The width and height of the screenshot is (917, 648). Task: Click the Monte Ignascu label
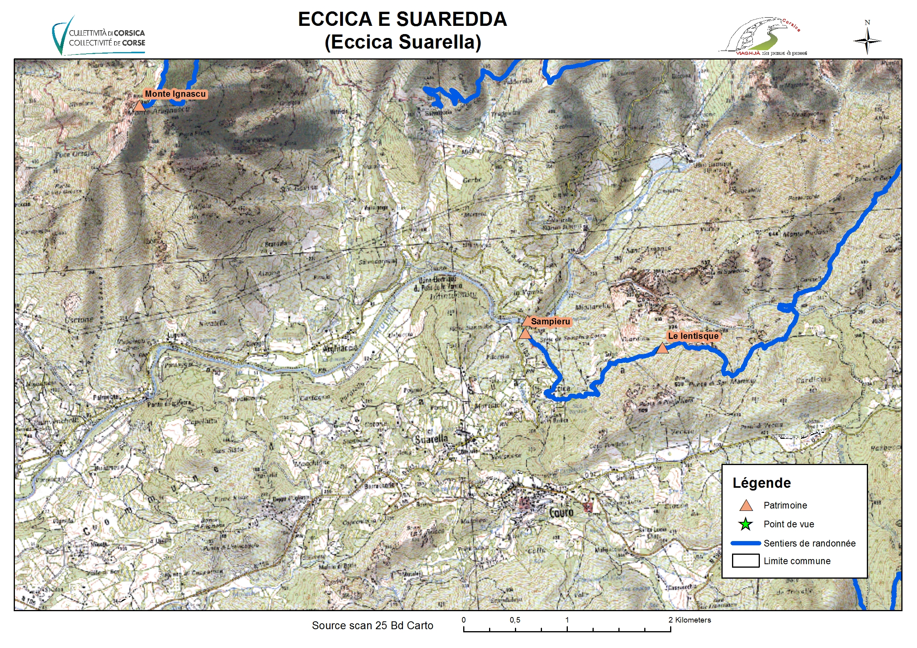click(x=175, y=94)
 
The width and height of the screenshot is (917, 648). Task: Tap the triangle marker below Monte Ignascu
click(x=139, y=106)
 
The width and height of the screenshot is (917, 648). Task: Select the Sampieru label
click(x=550, y=321)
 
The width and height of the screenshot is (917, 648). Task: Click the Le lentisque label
click(x=693, y=336)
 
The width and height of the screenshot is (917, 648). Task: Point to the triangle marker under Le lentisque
click(x=662, y=349)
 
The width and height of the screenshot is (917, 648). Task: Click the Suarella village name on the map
click(x=431, y=440)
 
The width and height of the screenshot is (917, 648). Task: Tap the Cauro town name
click(x=561, y=512)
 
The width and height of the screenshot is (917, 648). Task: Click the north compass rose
click(x=867, y=40)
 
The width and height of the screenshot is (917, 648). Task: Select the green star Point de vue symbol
click(x=745, y=524)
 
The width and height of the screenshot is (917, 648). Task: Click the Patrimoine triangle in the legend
click(x=746, y=506)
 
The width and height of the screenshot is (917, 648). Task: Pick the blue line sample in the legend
click(x=745, y=543)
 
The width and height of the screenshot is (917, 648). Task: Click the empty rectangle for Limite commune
click(x=745, y=561)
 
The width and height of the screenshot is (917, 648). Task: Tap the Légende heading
click(x=761, y=483)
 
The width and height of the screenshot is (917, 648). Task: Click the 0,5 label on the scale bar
click(x=515, y=620)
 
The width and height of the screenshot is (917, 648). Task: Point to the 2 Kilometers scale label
click(x=690, y=620)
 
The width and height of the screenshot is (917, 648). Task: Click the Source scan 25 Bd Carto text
click(x=372, y=625)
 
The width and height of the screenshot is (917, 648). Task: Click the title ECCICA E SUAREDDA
click(x=402, y=19)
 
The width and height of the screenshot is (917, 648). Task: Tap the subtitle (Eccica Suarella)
click(x=402, y=42)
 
